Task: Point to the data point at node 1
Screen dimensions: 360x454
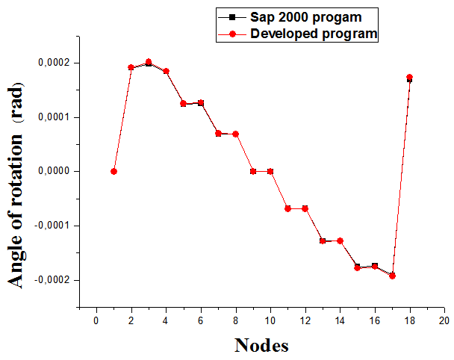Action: (x=113, y=171)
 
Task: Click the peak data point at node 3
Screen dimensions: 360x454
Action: (x=149, y=62)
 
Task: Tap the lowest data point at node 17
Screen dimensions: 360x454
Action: (x=392, y=276)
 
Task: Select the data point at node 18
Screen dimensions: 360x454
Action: (x=409, y=77)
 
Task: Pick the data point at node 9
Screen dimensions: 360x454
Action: (x=253, y=171)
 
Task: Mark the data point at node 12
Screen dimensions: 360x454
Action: (x=305, y=208)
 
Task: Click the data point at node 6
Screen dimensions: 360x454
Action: (x=201, y=103)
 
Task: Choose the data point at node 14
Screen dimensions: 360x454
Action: (x=340, y=240)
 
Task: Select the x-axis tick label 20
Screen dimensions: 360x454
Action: (x=444, y=320)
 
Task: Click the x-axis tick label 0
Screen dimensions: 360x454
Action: (x=96, y=320)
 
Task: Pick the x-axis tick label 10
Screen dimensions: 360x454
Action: (x=270, y=320)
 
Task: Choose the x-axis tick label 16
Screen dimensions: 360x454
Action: (x=375, y=320)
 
